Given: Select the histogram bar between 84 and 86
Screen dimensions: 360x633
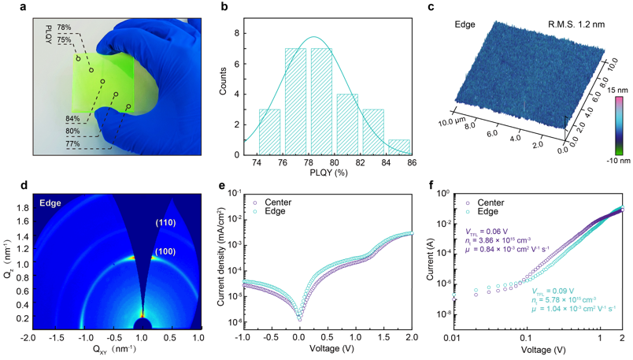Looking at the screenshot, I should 399,146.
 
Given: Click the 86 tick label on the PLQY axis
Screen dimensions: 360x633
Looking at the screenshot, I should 409,161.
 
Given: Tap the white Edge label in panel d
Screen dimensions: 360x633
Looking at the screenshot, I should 50,203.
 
